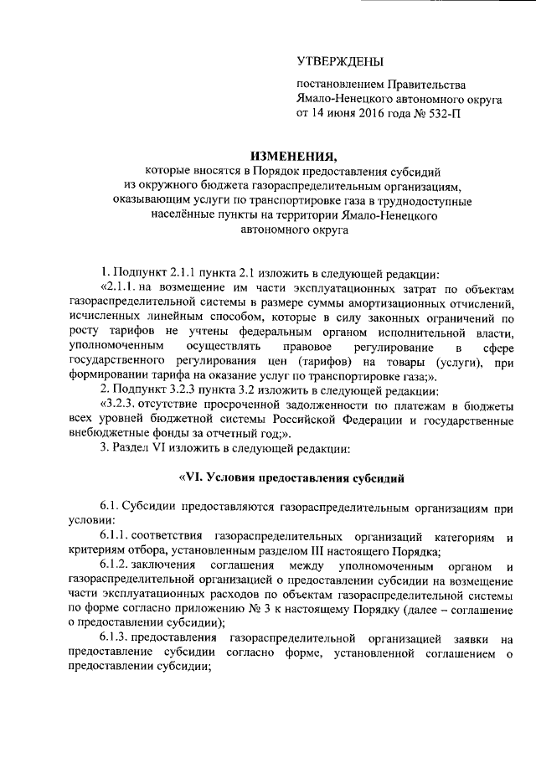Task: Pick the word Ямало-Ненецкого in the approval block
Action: [340, 100]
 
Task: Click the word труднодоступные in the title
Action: [430, 202]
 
